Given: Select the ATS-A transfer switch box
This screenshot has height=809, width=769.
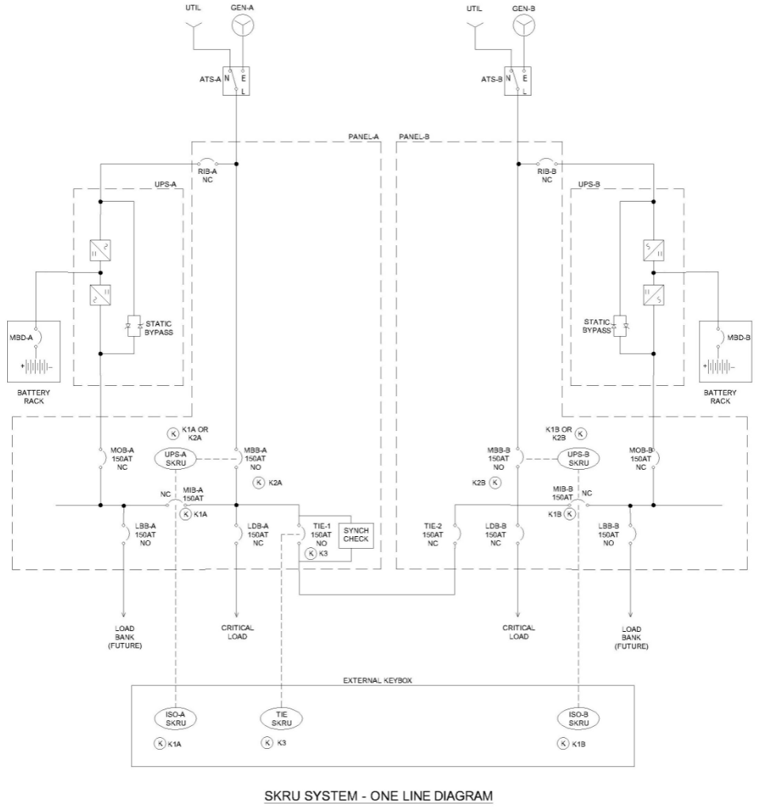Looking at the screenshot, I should coord(236,80).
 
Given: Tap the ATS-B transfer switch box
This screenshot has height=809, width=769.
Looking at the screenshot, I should coord(517,80).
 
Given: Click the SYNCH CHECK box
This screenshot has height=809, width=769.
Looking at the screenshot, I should coord(354,535).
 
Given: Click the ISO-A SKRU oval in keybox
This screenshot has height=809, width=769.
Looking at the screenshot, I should coord(175,719).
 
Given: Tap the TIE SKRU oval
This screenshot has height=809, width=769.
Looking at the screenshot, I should coord(282,719).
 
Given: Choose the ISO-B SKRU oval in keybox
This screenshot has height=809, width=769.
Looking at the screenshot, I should coord(579,719).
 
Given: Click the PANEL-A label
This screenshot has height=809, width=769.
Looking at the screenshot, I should coord(364,136).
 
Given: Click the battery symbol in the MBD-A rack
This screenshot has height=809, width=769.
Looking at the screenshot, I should coord(33,367).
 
